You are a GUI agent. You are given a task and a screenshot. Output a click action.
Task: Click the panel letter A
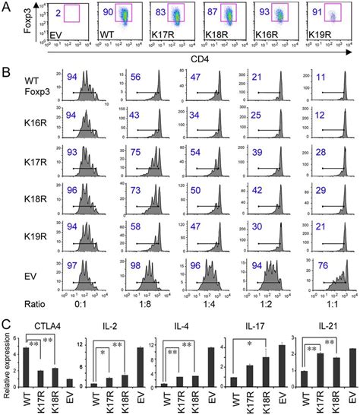tap(6, 7)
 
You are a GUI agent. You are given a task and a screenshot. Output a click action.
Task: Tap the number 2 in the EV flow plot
tap(47, 13)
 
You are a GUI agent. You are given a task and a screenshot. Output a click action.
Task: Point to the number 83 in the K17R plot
tap(155, 13)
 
